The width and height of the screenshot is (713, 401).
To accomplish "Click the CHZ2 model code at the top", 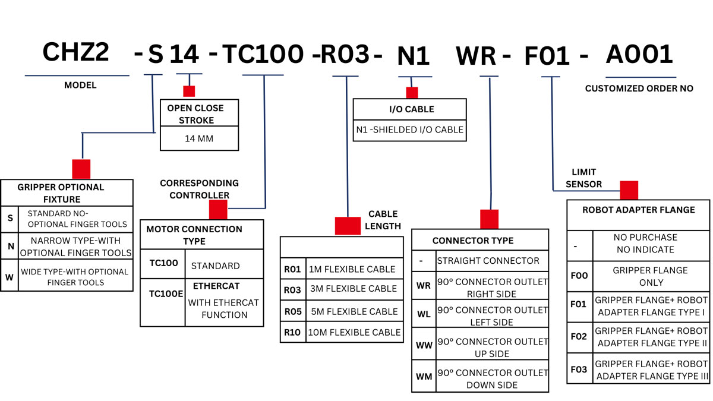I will tap(75, 53).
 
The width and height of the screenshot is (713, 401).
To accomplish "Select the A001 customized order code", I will tap(639, 55).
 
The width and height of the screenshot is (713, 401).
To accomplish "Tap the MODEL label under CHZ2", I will tap(80, 86).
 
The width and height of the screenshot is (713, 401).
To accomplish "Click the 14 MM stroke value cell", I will tap(199, 139).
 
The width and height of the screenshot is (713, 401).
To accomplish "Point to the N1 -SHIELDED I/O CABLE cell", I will tap(410, 130).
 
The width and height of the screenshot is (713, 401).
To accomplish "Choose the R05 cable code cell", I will tap(293, 311).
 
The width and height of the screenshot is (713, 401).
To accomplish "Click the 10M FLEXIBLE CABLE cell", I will tap(354, 333).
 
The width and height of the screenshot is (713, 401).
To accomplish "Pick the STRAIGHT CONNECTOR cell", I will tap(488, 261).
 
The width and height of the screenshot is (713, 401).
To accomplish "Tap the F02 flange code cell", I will tap(579, 337).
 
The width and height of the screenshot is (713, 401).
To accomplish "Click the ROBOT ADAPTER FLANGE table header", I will tap(638, 210).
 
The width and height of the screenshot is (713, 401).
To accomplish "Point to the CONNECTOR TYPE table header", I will tap(473, 241).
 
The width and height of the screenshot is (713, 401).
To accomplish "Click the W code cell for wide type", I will tap(10, 277).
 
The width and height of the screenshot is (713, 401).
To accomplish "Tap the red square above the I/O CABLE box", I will tap(412, 93).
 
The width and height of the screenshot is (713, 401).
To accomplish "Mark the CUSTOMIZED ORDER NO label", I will tap(639, 89).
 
